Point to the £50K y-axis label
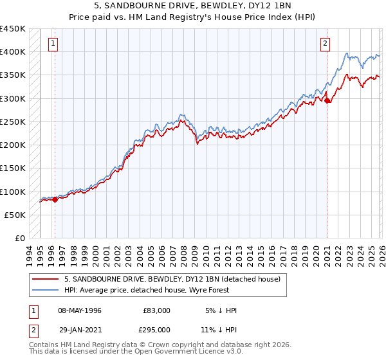pos(15,215)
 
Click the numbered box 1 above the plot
pos(53,44)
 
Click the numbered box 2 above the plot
pos(326,44)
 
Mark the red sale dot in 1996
pos(55,199)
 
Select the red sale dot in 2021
pos(327,100)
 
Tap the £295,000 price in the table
pos(156,329)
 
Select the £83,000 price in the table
pos(156,310)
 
